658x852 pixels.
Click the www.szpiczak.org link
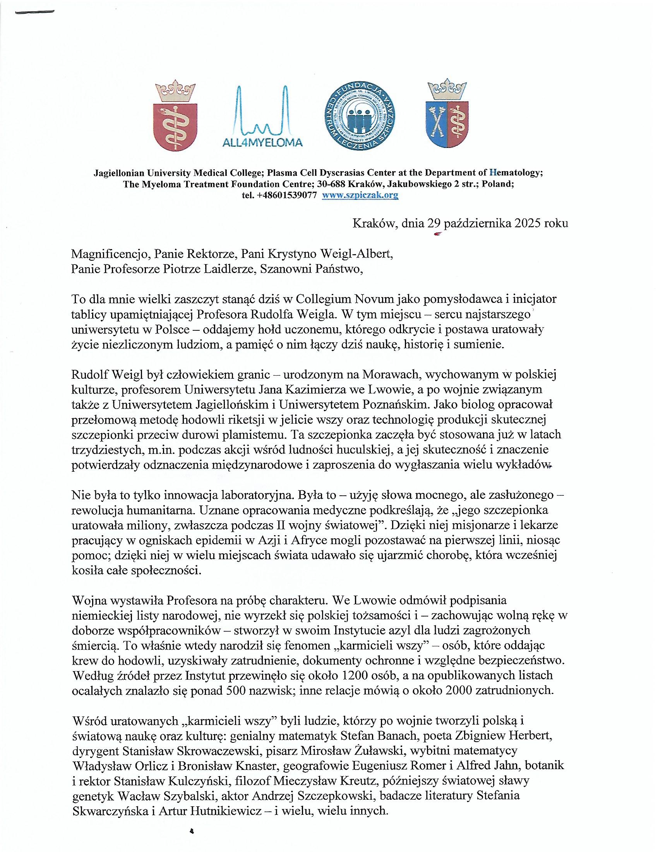pyautogui.click(x=360, y=196)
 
